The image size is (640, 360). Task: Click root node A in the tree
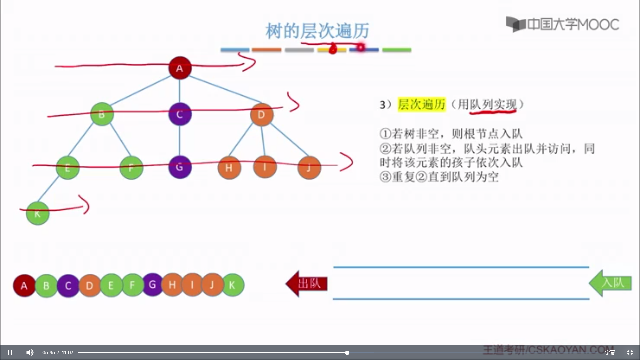pos(180,68)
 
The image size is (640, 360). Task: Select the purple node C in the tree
pos(180,114)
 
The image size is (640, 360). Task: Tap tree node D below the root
pos(261,115)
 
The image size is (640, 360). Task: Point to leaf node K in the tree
pos(38,213)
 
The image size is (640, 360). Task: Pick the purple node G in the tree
pos(180,167)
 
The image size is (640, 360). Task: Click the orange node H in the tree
pos(229,168)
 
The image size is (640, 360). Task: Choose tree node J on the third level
pos(309,168)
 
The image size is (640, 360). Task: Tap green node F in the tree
pos(131,168)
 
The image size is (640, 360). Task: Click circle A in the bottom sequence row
pos(24,286)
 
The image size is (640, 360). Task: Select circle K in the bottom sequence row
pos(233,285)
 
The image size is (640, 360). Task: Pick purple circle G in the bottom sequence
pos(152,284)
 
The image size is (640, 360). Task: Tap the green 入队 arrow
pos(611,283)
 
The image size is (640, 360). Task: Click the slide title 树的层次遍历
pos(317,31)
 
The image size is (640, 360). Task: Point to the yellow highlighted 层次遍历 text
pos(422,104)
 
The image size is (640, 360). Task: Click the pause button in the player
pos(10,352)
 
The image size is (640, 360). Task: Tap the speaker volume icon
pos(30,352)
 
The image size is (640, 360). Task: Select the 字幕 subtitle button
pos(610,352)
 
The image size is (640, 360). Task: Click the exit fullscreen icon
pos(630,352)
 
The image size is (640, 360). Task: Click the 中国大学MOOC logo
pos(563,24)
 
